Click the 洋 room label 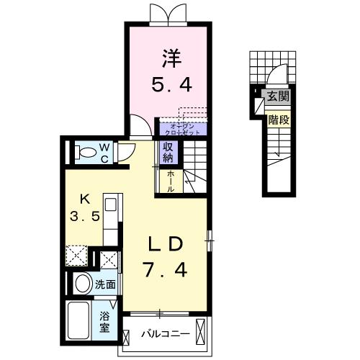coord(170,56)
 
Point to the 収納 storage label coord(167,153)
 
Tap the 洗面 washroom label coord(106,284)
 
